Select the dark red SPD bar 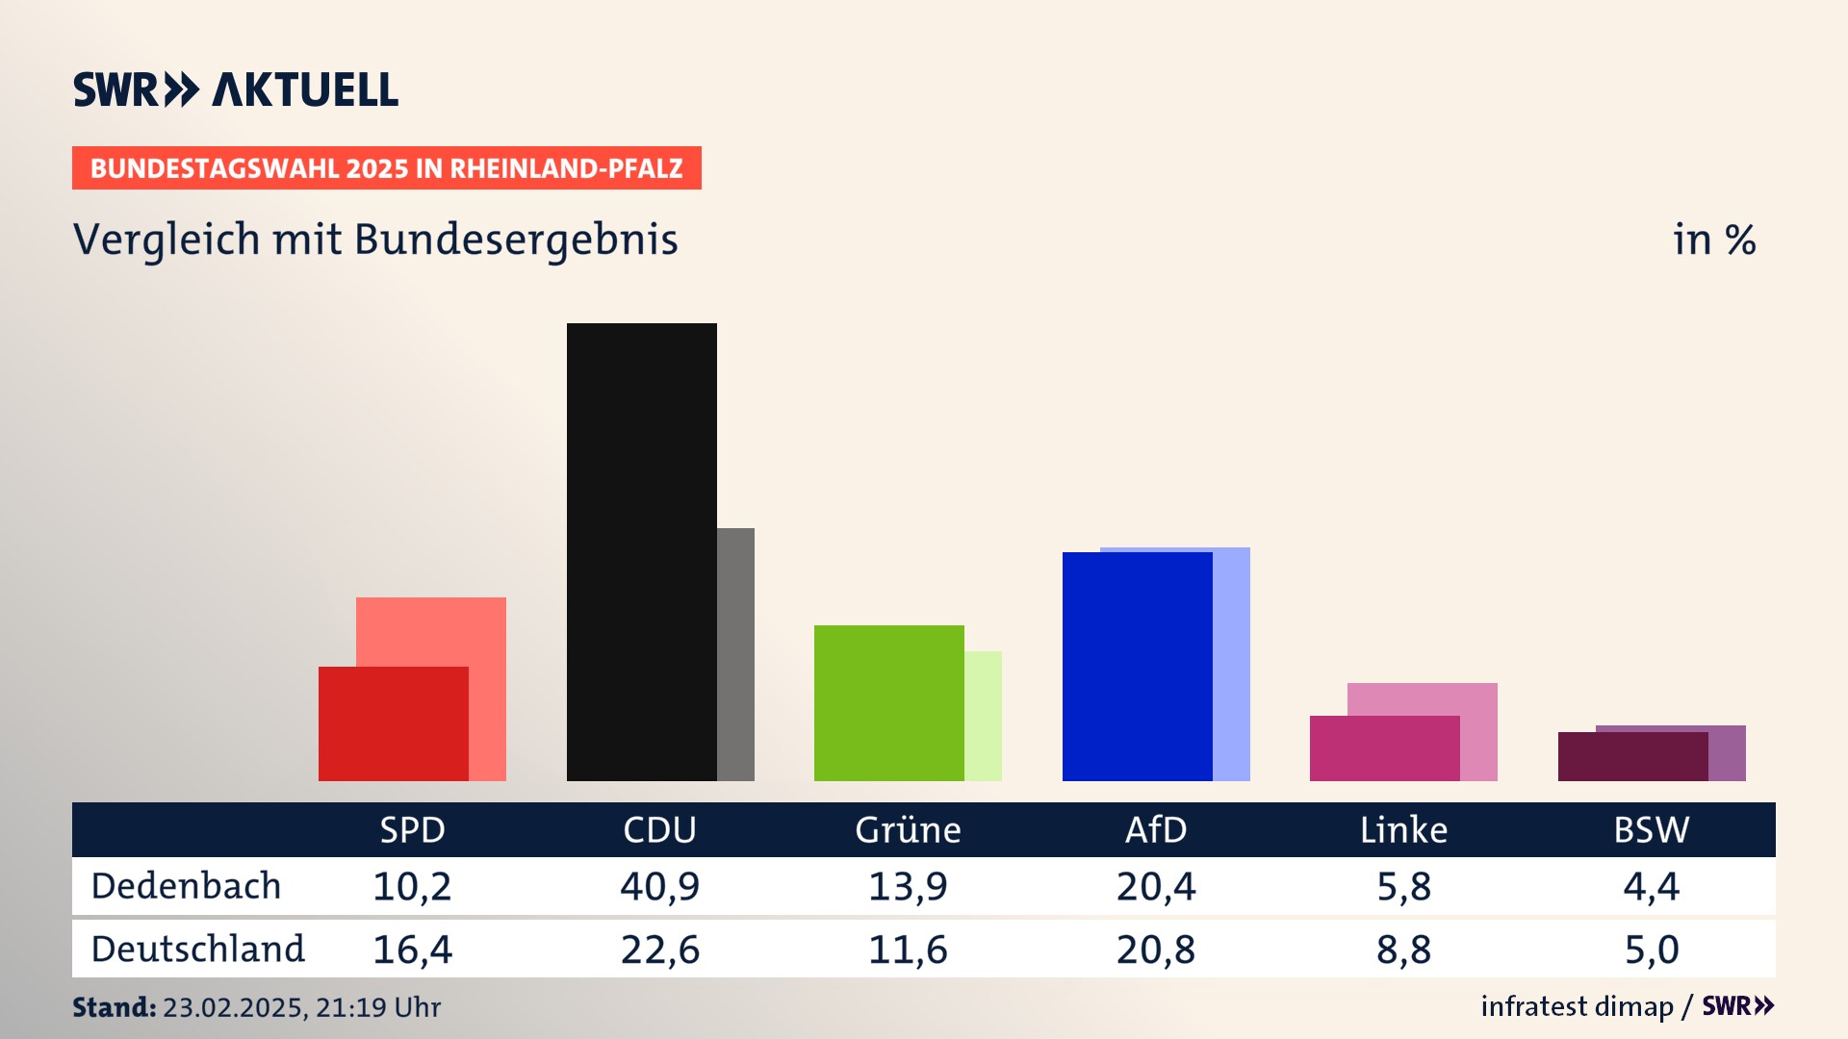pyautogui.click(x=393, y=723)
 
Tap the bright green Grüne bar pyautogui.click(x=888, y=702)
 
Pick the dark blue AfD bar pyautogui.click(x=1137, y=666)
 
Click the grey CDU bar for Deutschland pyautogui.click(x=736, y=654)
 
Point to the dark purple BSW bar pyautogui.click(x=1632, y=756)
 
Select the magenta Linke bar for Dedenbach pyautogui.click(x=1384, y=748)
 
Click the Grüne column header pyautogui.click(x=908, y=830)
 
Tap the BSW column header pyautogui.click(x=1651, y=830)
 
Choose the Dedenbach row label pyautogui.click(x=186, y=886)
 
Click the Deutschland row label pyautogui.click(x=197, y=950)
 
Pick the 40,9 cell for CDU pyautogui.click(x=659, y=886)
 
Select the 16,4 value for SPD pyautogui.click(x=412, y=950)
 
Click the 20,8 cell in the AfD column pyautogui.click(x=1155, y=950)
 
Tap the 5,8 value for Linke pyautogui.click(x=1403, y=886)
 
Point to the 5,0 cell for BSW pyautogui.click(x=1651, y=950)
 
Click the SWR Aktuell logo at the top pyautogui.click(x=236, y=89)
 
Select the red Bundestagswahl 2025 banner pyautogui.click(x=386, y=168)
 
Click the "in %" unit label pyautogui.click(x=1713, y=240)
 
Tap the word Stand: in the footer pyautogui.click(x=114, y=1007)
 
